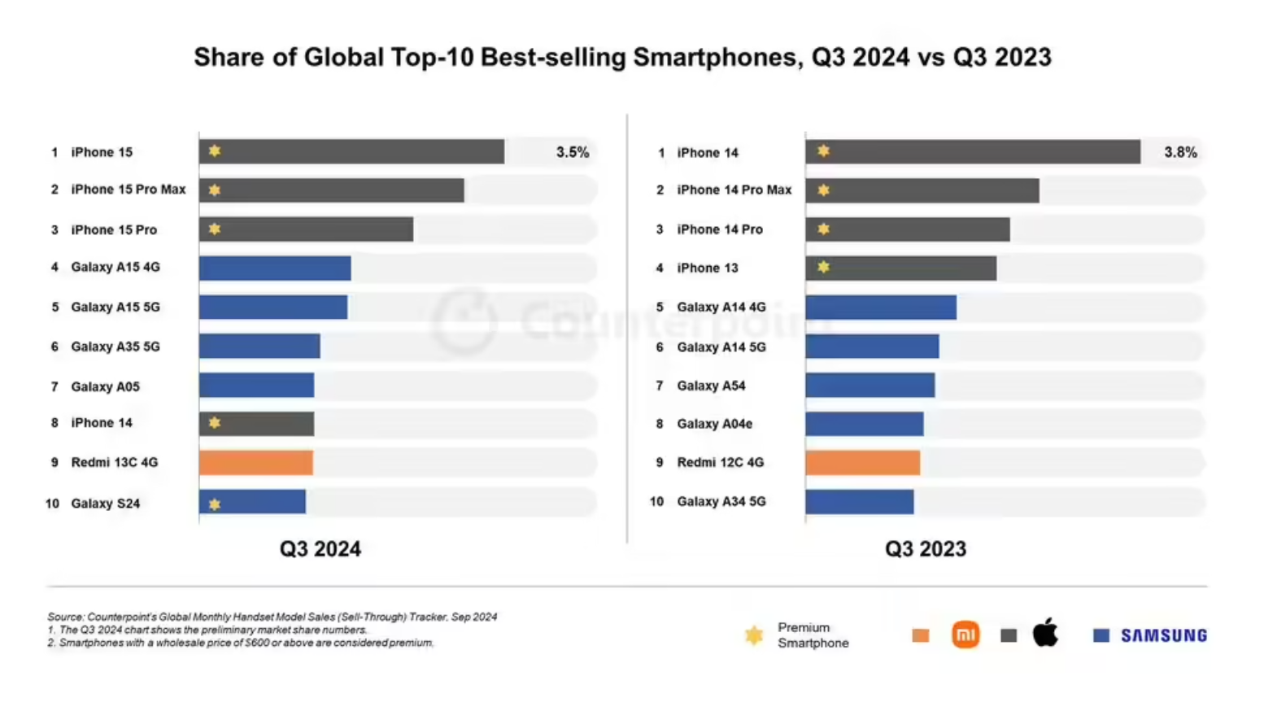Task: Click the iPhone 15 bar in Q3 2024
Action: (351, 151)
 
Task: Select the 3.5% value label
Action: (573, 152)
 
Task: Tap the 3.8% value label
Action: (1180, 152)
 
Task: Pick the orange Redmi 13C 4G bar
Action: (255, 462)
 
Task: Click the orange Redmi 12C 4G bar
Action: (862, 462)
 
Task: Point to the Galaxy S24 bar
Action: (252, 502)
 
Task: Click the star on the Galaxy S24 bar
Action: (215, 504)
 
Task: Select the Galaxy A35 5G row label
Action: (116, 347)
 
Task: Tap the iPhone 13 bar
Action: (900, 268)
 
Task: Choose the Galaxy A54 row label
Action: (711, 386)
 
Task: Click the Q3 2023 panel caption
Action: (926, 549)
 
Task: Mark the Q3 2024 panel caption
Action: (320, 549)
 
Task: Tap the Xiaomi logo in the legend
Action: (965, 635)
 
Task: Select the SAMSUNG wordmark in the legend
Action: (1164, 635)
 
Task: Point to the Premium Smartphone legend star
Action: (754, 635)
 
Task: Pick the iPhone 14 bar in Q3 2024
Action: (256, 423)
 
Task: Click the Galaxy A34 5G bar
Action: (859, 501)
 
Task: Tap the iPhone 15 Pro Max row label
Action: (129, 190)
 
